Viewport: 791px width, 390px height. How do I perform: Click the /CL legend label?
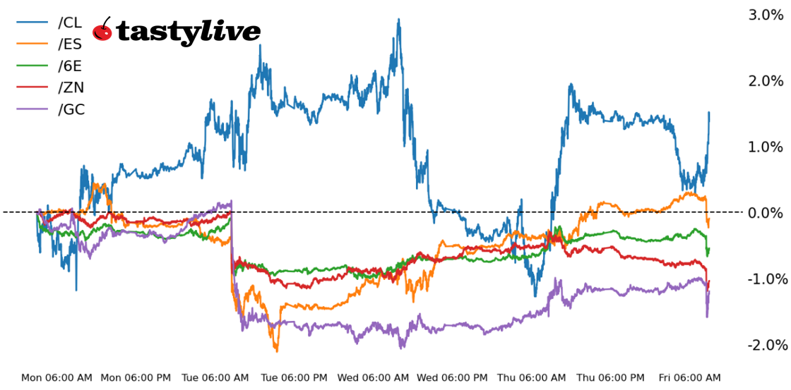click(x=71, y=23)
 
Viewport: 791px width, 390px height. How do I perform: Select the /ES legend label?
click(x=71, y=44)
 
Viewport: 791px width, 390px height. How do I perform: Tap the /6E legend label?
click(x=71, y=66)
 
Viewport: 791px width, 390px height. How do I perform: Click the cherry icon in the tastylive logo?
click(x=103, y=29)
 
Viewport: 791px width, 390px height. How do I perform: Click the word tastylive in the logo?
click(x=188, y=31)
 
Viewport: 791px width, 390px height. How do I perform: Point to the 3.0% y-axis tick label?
click(x=766, y=15)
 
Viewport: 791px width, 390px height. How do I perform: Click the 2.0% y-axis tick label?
click(x=766, y=81)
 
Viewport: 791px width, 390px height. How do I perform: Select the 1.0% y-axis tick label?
click(x=766, y=147)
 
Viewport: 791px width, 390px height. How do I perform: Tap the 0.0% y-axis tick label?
click(x=766, y=213)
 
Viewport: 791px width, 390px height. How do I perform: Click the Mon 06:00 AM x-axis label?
click(x=56, y=378)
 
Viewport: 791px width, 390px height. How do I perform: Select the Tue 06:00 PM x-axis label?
click(x=295, y=378)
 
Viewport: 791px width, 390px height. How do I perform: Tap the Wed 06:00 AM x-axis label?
click(x=373, y=378)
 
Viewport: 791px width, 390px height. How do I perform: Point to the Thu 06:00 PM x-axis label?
click(x=611, y=378)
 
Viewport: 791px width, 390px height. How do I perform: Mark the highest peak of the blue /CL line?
click(x=399, y=20)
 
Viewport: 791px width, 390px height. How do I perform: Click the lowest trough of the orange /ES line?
click(x=276, y=351)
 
